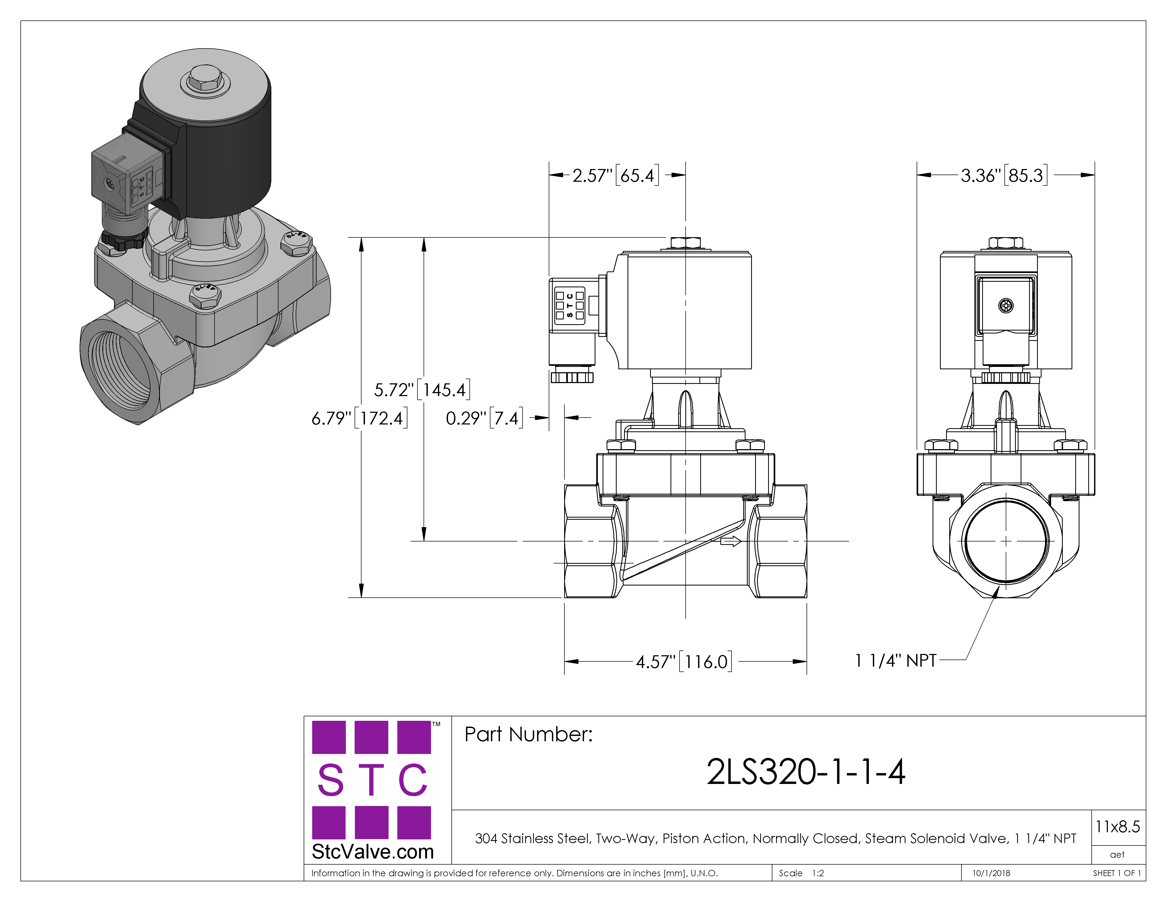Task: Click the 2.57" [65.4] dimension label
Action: click(616, 175)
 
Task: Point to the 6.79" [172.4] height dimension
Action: click(360, 418)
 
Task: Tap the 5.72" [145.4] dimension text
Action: click(422, 389)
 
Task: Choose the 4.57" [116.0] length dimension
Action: click(684, 662)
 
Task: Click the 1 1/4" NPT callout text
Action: click(896, 661)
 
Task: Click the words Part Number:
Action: click(528, 734)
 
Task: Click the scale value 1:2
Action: click(818, 873)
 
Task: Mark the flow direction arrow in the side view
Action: click(730, 541)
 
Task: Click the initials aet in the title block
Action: click(1117, 855)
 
